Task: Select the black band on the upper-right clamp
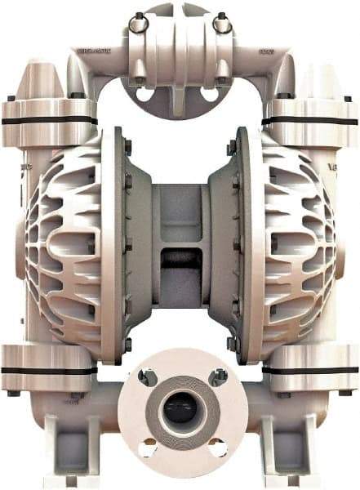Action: pyautogui.click(x=314, y=120)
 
